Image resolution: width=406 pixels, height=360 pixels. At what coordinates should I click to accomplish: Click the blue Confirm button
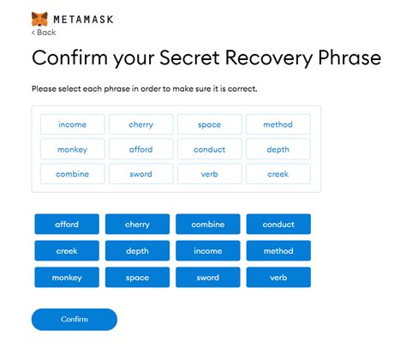[x=74, y=320]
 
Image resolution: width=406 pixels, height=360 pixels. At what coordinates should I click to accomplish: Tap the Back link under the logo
[x=44, y=32]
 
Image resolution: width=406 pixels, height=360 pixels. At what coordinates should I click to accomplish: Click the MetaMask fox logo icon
[x=39, y=17]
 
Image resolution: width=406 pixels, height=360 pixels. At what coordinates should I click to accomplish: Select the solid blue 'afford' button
[x=67, y=225]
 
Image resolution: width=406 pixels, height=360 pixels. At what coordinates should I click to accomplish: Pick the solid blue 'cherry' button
[x=137, y=225]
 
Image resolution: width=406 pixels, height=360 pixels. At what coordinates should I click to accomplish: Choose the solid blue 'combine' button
[x=208, y=225]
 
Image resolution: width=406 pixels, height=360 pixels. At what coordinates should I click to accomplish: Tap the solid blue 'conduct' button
[x=278, y=225]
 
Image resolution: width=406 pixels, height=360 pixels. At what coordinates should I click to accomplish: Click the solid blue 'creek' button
[x=67, y=251]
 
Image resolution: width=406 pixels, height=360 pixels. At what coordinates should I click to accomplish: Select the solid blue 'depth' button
[x=137, y=251]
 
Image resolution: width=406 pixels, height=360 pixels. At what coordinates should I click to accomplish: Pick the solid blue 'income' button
[x=208, y=251]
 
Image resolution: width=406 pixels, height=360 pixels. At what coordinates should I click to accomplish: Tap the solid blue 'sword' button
[x=208, y=278]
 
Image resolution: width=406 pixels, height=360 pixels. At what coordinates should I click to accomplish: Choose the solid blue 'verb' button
[x=278, y=278]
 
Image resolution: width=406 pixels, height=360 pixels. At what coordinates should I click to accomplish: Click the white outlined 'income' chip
[x=72, y=124]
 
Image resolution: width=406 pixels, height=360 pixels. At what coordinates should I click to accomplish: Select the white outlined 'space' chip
[x=210, y=124]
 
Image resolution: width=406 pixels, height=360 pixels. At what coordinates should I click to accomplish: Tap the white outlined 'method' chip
[x=278, y=124]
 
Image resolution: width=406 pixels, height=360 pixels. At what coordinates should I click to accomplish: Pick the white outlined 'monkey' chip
[x=72, y=149]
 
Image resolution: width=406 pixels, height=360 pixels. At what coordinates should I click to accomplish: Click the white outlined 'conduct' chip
[x=210, y=149]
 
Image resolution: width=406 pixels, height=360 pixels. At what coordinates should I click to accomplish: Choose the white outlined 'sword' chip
[x=140, y=174]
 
